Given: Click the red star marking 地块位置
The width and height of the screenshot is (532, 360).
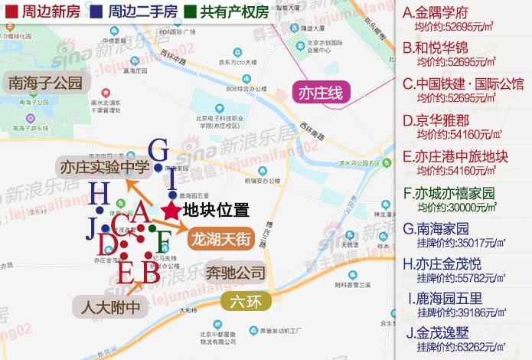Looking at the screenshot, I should coord(170,210).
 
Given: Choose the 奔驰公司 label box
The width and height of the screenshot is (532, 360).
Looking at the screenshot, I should coord(236,273).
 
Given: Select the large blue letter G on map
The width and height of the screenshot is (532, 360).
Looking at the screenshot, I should coord(158,149).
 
